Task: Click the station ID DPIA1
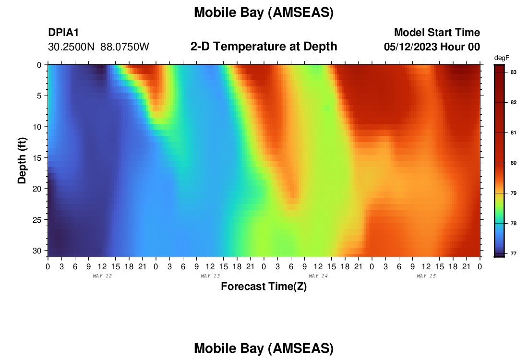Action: click(63, 32)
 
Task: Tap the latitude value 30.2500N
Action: click(71, 47)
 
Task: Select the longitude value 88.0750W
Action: click(125, 47)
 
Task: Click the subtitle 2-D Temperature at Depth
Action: click(264, 47)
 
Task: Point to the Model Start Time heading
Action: click(437, 32)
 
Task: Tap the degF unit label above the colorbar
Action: click(502, 58)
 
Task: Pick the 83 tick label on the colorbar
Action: click(514, 72)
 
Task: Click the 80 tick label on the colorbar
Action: click(514, 163)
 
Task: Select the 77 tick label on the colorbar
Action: click(514, 253)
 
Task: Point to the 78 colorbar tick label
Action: click(514, 223)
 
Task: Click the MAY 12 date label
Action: click(102, 276)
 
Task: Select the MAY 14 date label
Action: click(318, 276)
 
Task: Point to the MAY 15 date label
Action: click(426, 276)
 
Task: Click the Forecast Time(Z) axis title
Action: click(264, 286)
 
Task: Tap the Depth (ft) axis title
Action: click(22, 160)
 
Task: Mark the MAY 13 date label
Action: click(210, 276)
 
